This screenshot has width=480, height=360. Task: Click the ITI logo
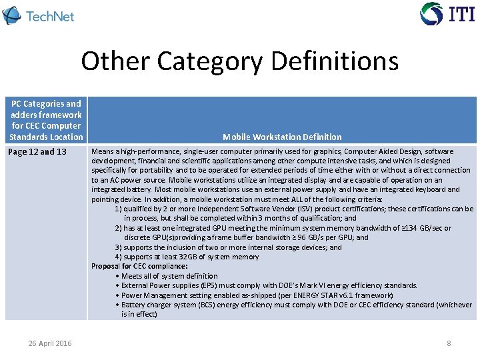coord(447,13)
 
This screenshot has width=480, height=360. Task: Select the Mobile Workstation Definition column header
coord(282,137)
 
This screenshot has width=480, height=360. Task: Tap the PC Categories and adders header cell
coord(46,120)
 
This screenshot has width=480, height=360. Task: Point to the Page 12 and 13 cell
coord(37,151)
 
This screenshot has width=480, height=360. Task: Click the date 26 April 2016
coord(50,343)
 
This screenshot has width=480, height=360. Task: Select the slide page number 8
coord(449,343)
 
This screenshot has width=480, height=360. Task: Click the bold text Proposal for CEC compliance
coord(131,266)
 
